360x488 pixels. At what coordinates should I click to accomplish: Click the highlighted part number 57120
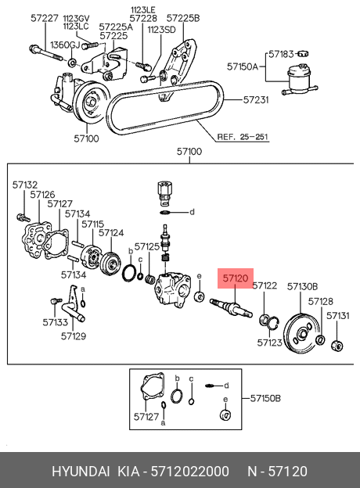point(236,278)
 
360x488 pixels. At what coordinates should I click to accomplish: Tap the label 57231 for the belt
point(256,99)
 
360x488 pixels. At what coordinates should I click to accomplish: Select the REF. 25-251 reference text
point(243,137)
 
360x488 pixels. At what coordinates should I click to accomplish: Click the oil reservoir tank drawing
point(300,79)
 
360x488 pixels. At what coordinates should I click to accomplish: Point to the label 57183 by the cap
point(281,54)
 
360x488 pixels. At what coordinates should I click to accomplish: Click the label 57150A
point(243,66)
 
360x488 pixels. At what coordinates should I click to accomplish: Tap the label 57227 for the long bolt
point(45,18)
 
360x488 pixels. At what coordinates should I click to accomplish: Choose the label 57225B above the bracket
point(183,18)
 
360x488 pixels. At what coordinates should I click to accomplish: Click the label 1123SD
point(161,30)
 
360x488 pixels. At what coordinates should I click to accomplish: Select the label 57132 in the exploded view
point(25,185)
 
